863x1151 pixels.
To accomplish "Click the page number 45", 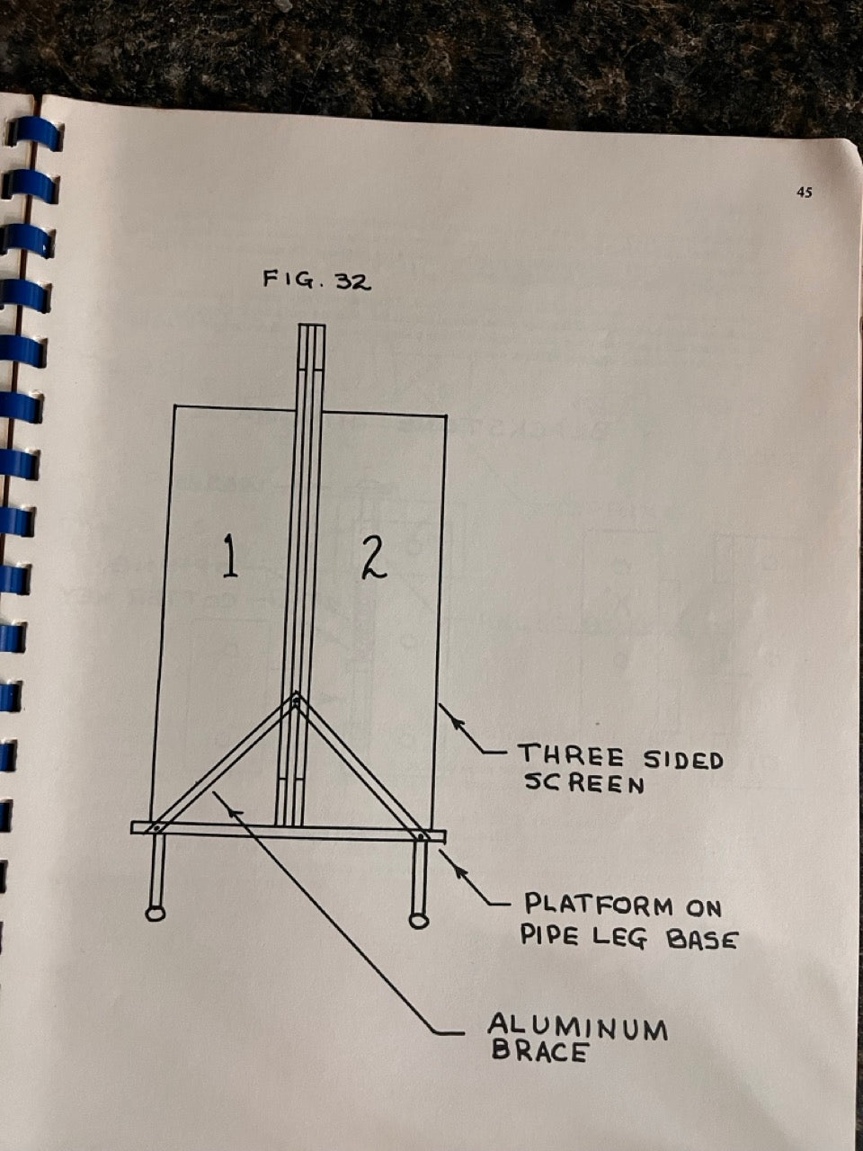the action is [805, 193].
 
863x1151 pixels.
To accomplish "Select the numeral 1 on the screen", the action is [229, 555].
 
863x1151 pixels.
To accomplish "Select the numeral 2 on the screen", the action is [375, 559].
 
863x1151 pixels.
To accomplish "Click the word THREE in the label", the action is [572, 756].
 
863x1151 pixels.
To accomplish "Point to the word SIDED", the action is [683, 760].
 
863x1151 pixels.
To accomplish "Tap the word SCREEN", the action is [583, 783].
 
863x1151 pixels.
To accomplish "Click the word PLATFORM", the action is [599, 906].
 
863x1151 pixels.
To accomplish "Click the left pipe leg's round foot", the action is [156, 913].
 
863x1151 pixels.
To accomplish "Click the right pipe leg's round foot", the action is [418, 921].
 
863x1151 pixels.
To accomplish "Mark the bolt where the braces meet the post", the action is [297, 700].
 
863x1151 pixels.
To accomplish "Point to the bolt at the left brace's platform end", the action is [156, 828].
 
